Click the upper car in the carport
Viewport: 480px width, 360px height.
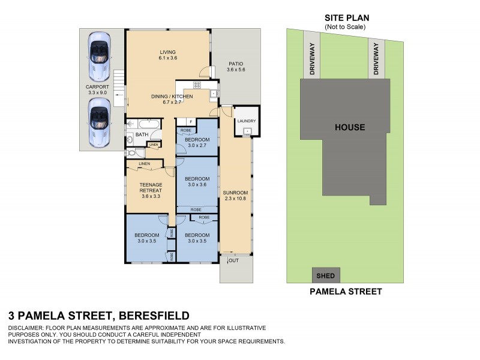click(x=100, y=56)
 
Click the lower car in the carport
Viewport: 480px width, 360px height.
click(x=100, y=123)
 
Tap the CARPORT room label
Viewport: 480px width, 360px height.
click(x=97, y=90)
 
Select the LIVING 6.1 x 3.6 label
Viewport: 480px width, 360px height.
click(x=167, y=55)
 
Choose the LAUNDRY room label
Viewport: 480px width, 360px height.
click(x=247, y=121)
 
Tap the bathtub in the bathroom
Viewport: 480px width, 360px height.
click(x=146, y=125)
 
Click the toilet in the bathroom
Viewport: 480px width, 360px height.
click(x=130, y=141)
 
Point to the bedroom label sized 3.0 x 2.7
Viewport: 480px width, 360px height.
click(x=197, y=142)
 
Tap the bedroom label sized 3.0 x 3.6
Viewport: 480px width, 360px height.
click(x=197, y=182)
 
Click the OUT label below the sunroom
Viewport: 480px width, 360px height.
click(x=233, y=260)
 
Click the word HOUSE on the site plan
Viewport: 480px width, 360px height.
click(x=350, y=127)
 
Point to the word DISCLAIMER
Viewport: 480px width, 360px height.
click(x=27, y=328)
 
